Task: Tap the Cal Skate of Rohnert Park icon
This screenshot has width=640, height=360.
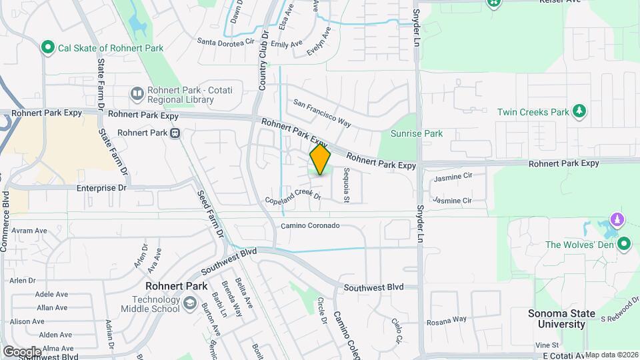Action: [x=47, y=47]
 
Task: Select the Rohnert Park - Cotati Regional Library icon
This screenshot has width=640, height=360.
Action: [x=137, y=93]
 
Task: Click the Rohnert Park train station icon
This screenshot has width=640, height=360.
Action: [x=175, y=133]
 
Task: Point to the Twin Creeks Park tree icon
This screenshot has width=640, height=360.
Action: [x=580, y=111]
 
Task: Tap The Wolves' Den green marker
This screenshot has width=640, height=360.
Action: [x=624, y=244]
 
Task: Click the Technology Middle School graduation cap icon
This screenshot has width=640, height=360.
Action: [x=189, y=305]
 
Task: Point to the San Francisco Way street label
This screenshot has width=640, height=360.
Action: [x=323, y=113]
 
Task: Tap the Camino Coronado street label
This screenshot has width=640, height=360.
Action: [x=310, y=226]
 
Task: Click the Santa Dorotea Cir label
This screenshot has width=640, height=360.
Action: [x=227, y=41]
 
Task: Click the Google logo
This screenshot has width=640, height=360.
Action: [x=21, y=351]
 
